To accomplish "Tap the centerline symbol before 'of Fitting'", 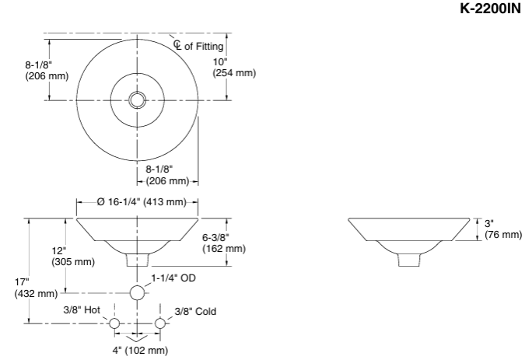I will pyautogui.click(x=177, y=45).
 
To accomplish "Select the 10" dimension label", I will pyautogui.click(x=220, y=61).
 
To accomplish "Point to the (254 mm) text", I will pyautogui.click(x=234, y=73).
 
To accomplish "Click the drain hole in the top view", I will pyautogui.click(x=138, y=100).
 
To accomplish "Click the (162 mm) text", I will pyautogui.click(x=224, y=249).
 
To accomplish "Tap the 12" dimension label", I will pyautogui.click(x=60, y=250).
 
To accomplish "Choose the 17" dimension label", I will pyautogui.click(x=22, y=281).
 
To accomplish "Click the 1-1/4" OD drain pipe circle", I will pyautogui.click(x=138, y=293).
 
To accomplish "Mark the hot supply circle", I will pyautogui.click(x=114, y=323).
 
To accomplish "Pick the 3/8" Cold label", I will pyautogui.click(x=195, y=311).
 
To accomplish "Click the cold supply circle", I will pyautogui.click(x=160, y=323).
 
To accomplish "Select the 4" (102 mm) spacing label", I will pyautogui.click(x=138, y=351).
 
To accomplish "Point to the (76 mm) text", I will pyautogui.click(x=503, y=235).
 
